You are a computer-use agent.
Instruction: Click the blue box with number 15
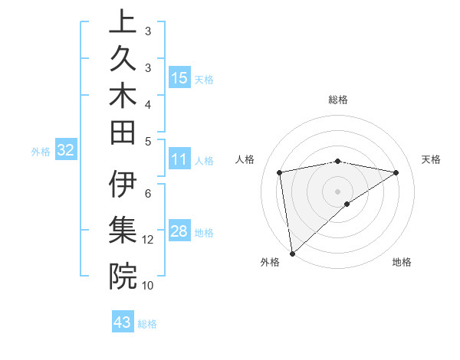(179, 77)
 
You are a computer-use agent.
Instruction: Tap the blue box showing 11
(179, 159)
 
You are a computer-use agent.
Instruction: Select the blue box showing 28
(179, 231)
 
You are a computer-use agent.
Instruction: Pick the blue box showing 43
(123, 322)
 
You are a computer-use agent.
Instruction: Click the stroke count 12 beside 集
(148, 240)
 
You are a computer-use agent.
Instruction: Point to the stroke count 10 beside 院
(148, 285)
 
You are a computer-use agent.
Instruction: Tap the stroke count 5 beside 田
(148, 142)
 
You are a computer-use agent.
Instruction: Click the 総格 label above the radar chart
(337, 100)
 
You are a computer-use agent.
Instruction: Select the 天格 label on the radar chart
(431, 159)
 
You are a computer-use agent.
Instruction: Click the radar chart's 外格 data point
(292, 253)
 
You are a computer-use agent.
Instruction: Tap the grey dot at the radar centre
(337, 190)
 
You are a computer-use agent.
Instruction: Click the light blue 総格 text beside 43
(147, 323)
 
